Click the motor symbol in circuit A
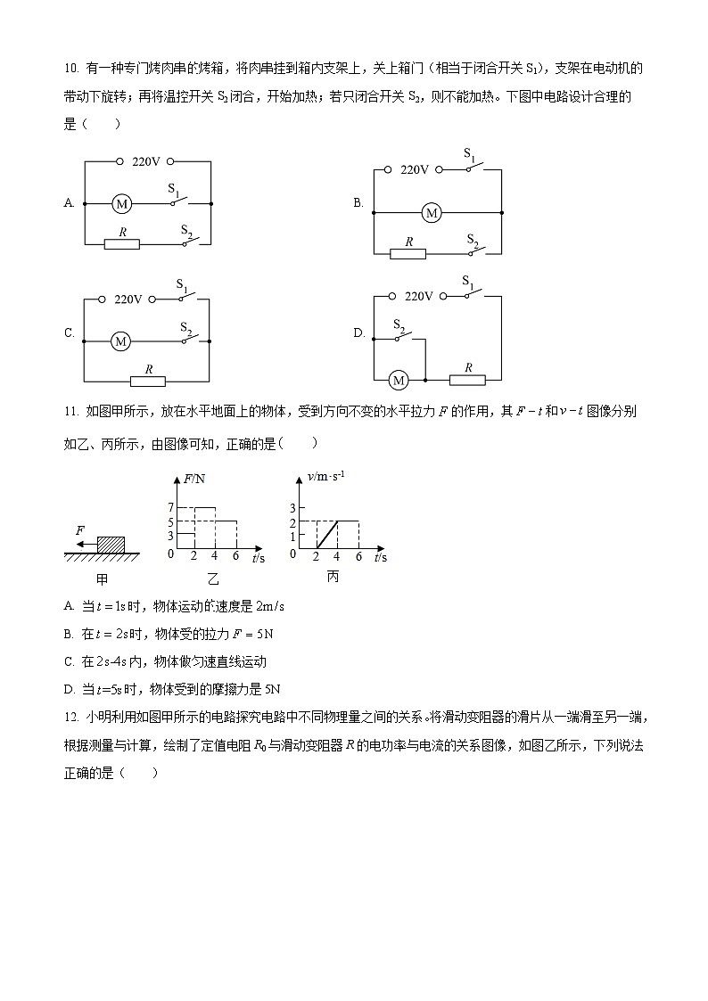121,204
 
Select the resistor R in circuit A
121,243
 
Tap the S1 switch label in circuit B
470,154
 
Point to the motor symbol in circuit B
432,213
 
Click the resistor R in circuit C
148,381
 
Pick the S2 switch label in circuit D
399,326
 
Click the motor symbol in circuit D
399,381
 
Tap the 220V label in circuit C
128,299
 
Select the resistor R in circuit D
467,381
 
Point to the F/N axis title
193,479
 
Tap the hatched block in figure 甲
111,543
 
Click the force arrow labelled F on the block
85,543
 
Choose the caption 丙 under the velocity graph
333,577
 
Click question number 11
71,412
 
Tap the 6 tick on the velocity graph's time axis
358,557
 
